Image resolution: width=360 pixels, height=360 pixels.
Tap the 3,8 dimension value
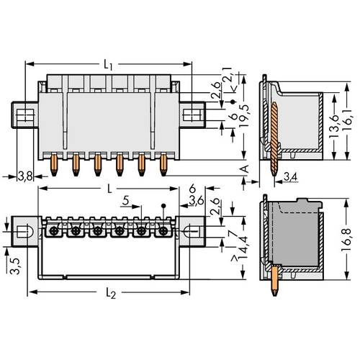click(x=24, y=175)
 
